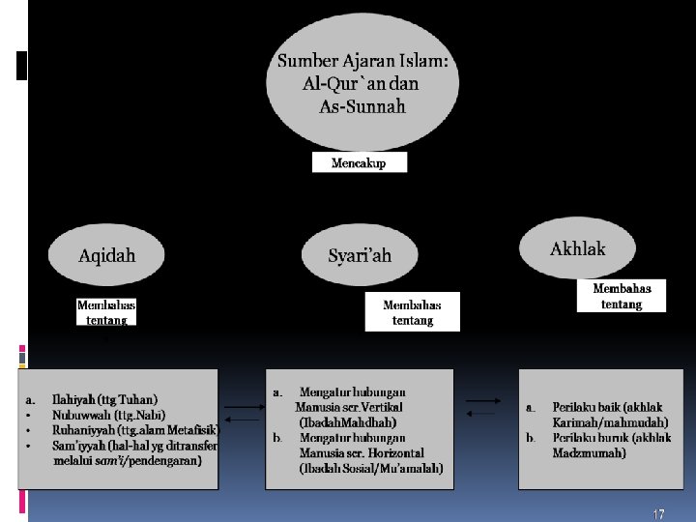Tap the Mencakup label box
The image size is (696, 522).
tap(359, 163)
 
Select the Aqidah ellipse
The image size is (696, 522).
tap(107, 256)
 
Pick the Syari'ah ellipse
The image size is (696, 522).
tap(360, 256)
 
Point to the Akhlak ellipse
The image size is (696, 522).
tap(577, 249)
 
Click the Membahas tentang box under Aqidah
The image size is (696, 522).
tap(106, 311)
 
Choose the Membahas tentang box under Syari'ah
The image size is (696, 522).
tap(412, 311)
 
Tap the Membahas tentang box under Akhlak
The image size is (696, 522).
tap(621, 295)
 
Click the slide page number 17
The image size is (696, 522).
tap(658, 514)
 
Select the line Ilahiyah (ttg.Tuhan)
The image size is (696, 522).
tap(105, 399)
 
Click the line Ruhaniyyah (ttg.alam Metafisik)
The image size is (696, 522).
tap(134, 430)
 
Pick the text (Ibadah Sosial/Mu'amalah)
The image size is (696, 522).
tap(371, 469)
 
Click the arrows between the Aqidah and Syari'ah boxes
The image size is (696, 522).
tap(242, 413)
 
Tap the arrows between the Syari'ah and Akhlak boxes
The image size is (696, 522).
tap(483, 406)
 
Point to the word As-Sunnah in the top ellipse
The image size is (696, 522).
tap(362, 106)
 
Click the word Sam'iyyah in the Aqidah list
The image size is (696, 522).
tap(77, 446)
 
